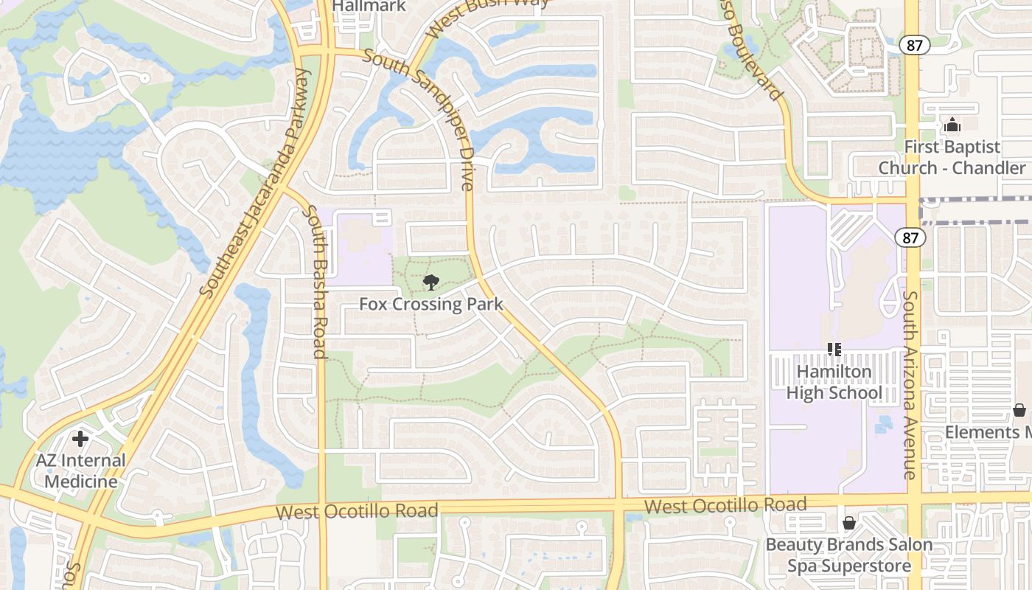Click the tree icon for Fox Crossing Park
[x=430, y=282]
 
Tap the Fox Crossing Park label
[x=431, y=304]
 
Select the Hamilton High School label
[x=834, y=382]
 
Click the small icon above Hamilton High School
[x=834, y=350]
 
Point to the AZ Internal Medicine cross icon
[x=80, y=439]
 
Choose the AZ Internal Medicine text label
[x=81, y=471]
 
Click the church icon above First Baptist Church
[x=952, y=125]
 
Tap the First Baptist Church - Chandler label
[x=952, y=157]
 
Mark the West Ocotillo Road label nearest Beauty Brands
[x=725, y=506]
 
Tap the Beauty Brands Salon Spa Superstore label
[x=848, y=555]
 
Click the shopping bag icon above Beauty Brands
[x=849, y=523]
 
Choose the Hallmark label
[x=369, y=6]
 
